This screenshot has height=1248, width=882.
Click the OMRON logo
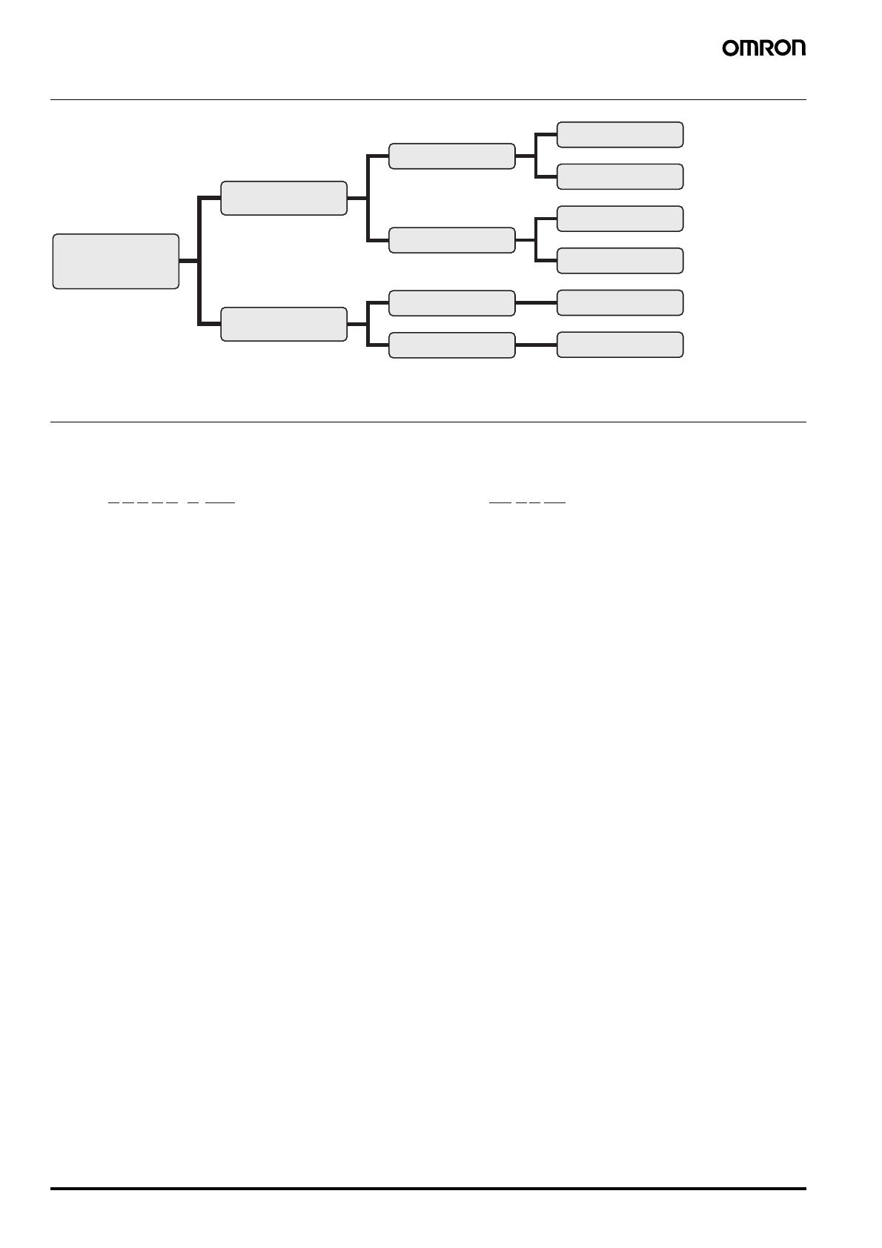click(x=763, y=48)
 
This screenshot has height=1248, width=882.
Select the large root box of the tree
click(x=116, y=262)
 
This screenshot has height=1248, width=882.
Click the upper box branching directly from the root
click(x=284, y=198)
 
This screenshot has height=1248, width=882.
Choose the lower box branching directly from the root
click(x=284, y=324)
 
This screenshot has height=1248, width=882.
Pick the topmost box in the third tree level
click(x=452, y=156)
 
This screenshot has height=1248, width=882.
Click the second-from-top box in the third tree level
click(x=452, y=240)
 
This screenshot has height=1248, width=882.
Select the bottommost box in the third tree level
click(x=452, y=345)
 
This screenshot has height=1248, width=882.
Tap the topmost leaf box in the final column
click(x=620, y=134)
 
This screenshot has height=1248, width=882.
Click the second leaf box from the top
click(x=620, y=176)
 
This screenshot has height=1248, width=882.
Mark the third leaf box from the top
click(x=620, y=219)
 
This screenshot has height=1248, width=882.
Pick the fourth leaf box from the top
click(x=620, y=261)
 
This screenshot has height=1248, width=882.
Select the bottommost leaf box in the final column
click(x=620, y=345)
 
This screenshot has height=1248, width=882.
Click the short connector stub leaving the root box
click(x=189, y=261)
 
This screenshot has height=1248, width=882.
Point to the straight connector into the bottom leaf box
click(x=536, y=345)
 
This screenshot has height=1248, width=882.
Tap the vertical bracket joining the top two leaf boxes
click(x=535, y=156)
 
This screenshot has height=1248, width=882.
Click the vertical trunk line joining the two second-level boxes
click(x=199, y=261)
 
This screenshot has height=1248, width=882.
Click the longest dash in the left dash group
click(x=220, y=502)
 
